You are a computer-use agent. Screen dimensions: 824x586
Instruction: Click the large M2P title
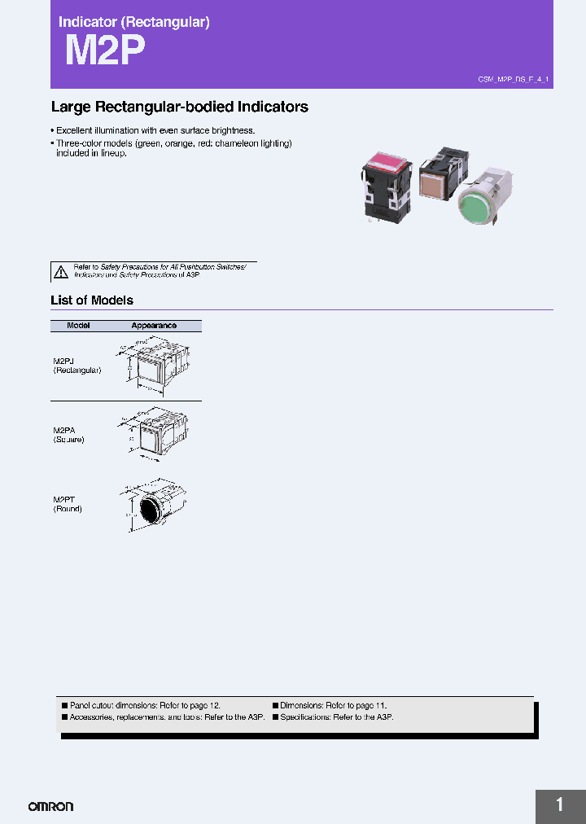(104, 51)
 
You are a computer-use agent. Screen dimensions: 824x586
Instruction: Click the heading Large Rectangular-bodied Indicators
(179, 107)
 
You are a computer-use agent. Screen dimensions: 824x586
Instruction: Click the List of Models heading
(91, 300)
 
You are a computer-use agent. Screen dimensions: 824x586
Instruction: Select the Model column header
(78, 326)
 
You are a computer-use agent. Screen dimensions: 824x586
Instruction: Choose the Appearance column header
(154, 326)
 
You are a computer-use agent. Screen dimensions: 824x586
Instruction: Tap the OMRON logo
(50, 806)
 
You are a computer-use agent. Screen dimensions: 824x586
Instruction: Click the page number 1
(560, 805)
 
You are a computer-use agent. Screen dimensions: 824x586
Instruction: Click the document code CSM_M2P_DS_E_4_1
(514, 79)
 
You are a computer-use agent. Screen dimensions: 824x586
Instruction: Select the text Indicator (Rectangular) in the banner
(133, 22)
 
